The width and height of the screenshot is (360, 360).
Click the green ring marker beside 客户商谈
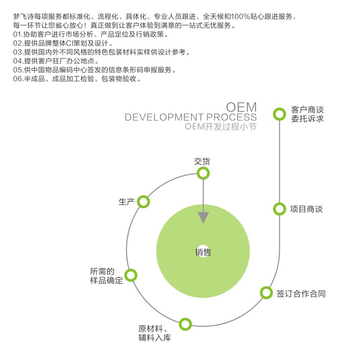tap(280, 114)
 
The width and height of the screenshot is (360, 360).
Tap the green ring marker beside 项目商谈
tap(280, 209)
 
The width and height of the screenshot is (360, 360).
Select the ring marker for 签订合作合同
tap(267, 293)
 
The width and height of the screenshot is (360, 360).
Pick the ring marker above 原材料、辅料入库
tap(185, 324)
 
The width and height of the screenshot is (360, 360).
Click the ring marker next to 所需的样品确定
tap(131, 275)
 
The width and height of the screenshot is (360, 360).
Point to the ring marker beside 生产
tap(143, 201)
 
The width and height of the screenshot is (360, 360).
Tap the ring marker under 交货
tap(204, 173)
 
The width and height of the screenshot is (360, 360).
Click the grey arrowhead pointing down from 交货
tap(204, 218)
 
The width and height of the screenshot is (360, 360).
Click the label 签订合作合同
tap(301, 294)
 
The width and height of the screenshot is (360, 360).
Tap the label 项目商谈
tap(306, 209)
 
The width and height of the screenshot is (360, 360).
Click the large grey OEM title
tap(241, 107)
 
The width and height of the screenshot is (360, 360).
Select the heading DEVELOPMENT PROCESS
tap(191, 118)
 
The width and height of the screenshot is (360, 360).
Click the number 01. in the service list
tap(18, 34)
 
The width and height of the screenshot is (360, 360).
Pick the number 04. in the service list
tap(18, 61)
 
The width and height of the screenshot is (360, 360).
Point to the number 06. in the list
tap(18, 79)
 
